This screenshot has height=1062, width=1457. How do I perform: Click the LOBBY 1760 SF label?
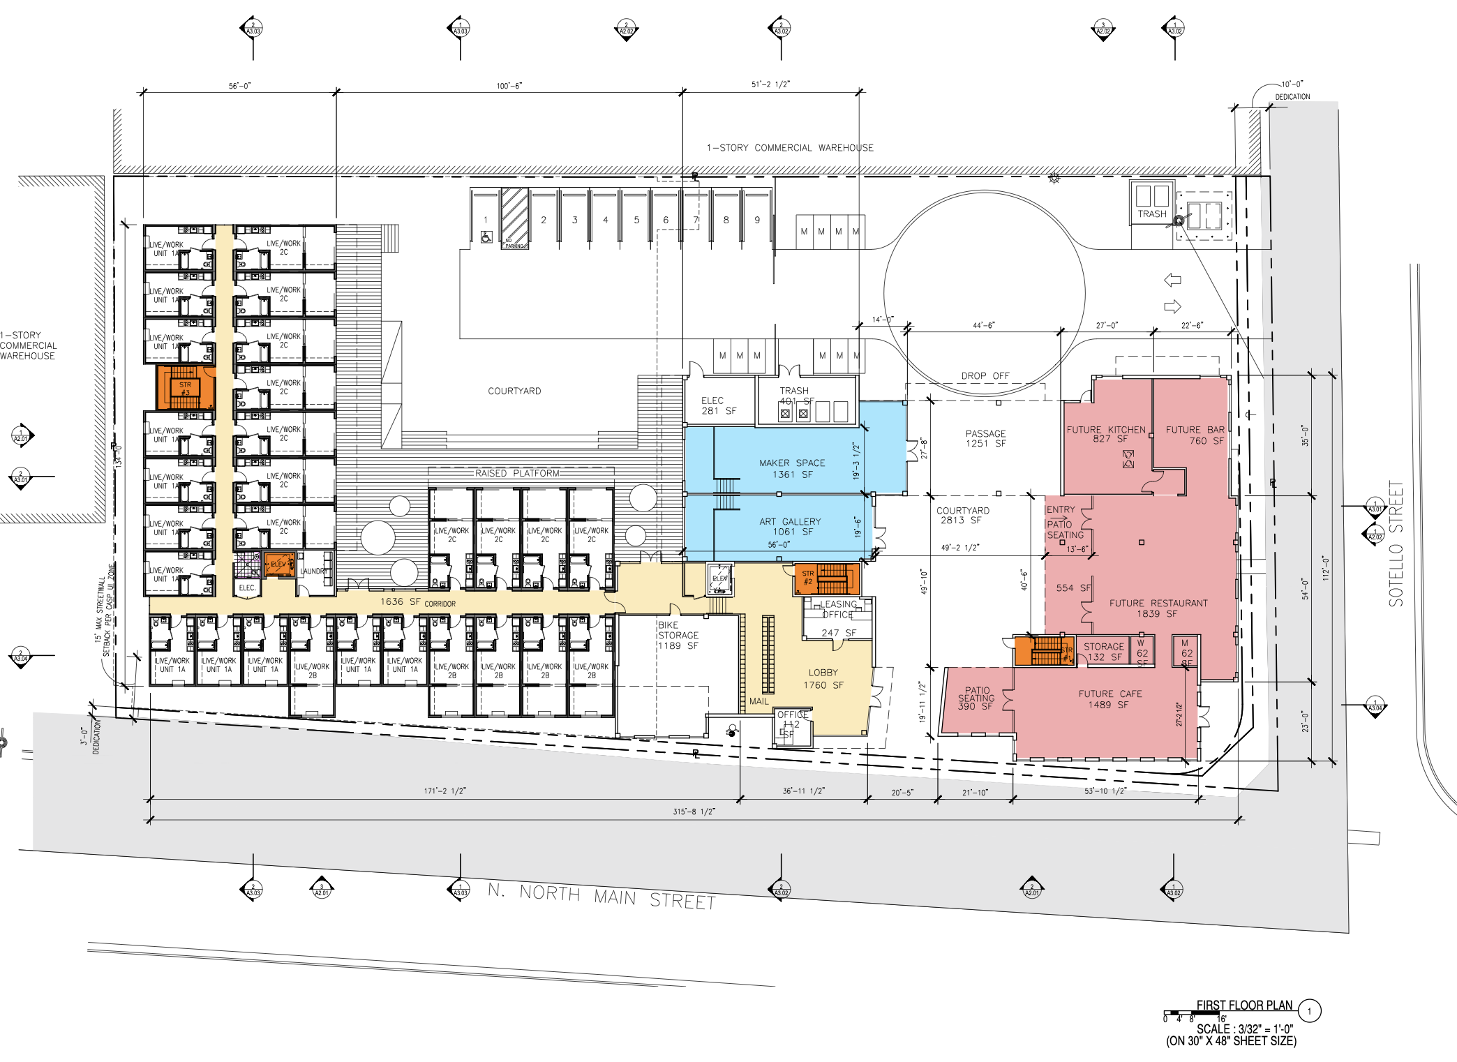click(x=823, y=679)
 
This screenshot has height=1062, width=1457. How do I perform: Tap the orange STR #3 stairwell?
click(x=185, y=388)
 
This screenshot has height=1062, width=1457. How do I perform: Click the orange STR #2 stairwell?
click(x=827, y=578)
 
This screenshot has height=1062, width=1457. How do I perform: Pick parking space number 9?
click(x=757, y=220)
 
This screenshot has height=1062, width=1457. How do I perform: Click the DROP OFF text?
click(x=985, y=375)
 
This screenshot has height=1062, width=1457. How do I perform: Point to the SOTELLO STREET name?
click(x=1395, y=544)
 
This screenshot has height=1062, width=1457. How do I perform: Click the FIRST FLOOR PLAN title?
click(x=1244, y=1005)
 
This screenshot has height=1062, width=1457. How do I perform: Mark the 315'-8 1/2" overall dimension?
click(x=694, y=812)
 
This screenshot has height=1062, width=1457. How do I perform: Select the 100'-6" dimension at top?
click(x=509, y=86)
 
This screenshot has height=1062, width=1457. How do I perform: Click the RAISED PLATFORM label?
click(x=517, y=473)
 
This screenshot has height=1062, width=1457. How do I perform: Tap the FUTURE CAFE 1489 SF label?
click(x=1109, y=699)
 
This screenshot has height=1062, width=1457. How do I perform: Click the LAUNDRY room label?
click(x=313, y=571)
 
